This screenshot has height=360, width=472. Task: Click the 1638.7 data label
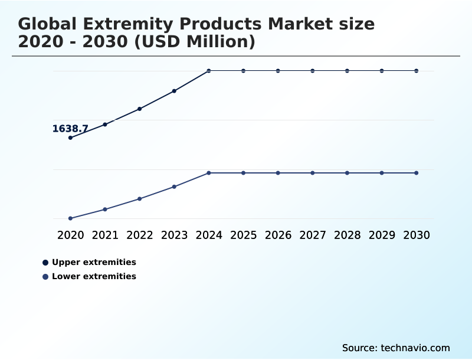coord(70,129)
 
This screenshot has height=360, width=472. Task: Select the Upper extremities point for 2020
coord(71,138)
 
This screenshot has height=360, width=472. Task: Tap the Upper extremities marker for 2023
coord(174,91)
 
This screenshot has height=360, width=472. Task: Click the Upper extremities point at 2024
coord(209,71)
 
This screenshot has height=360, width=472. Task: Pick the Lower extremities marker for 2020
coord(71,218)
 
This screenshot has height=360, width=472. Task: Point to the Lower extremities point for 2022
coord(140,199)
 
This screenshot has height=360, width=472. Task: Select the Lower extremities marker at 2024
coord(209,173)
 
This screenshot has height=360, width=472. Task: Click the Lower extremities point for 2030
coord(416,173)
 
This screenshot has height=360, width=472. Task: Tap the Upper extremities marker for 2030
coord(416,71)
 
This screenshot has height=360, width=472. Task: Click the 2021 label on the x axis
coord(105,235)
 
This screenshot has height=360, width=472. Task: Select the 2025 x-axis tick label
coord(243,235)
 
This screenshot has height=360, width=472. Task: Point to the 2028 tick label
coord(347,235)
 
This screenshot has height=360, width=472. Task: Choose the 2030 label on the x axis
coord(416,235)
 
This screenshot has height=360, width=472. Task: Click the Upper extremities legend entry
coord(94,262)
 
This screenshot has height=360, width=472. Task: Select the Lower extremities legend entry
coord(94,276)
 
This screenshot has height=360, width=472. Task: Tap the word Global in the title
coord(48,24)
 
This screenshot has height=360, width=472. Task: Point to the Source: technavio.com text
coord(396,348)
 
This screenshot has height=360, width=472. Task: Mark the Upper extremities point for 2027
coord(313,71)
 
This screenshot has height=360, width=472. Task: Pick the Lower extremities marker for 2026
coord(278,173)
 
